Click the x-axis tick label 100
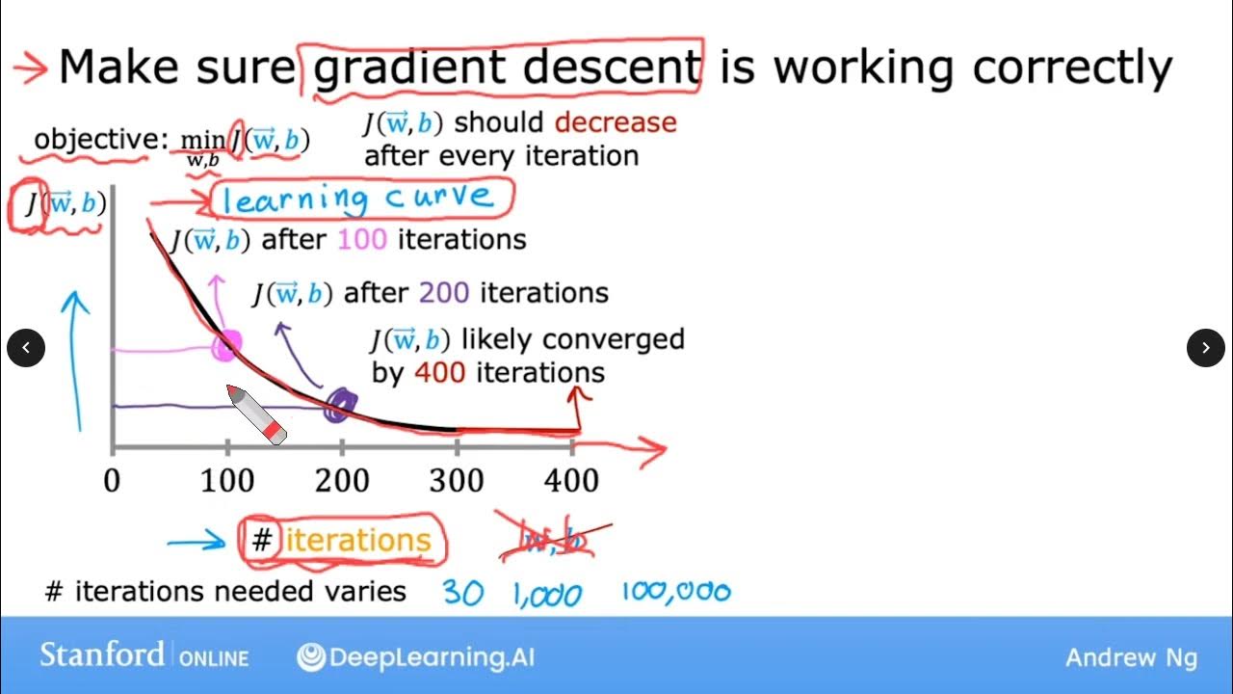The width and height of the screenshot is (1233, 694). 228,480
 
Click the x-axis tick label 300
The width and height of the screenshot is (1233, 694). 458,480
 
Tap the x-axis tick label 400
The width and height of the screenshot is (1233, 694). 572,480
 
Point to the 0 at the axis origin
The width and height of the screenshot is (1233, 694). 113,480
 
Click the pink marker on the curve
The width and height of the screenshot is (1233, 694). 227,345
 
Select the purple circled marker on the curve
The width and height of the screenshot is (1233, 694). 338,406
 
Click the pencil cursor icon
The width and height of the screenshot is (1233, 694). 256,414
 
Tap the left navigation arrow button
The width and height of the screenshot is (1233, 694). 26,347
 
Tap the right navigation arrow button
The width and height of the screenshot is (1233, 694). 1205,347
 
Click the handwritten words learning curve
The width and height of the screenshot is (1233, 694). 358,200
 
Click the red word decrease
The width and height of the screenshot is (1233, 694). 616,123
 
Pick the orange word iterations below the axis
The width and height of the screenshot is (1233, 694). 357,541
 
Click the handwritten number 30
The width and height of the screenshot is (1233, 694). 463,593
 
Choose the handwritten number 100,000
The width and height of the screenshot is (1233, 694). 676,591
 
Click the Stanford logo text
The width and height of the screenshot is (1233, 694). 101,655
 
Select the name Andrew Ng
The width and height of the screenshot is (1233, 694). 1131,657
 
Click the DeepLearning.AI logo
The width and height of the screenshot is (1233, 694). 416,657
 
